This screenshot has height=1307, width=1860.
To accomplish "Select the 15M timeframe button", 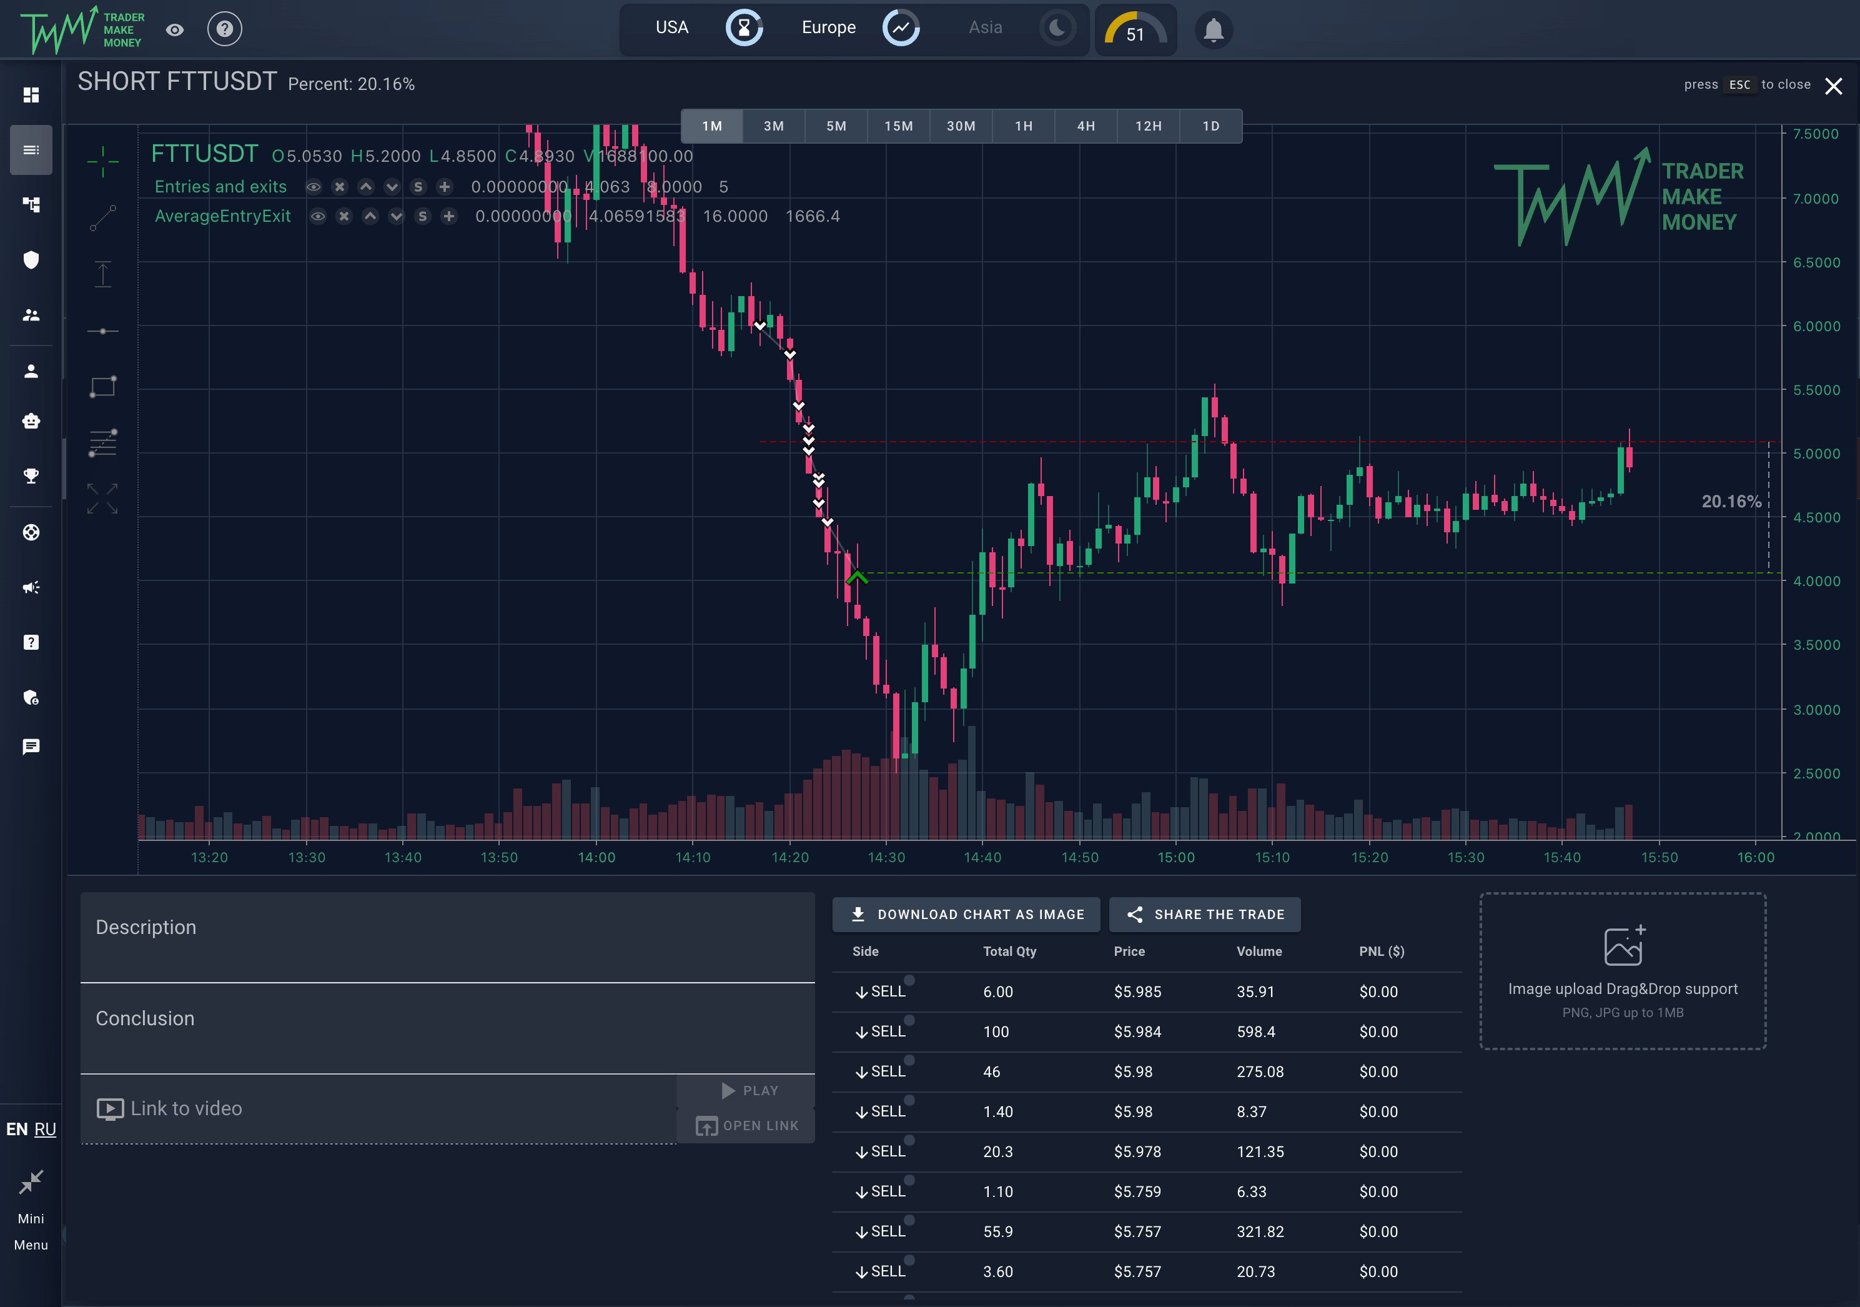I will point(898,126).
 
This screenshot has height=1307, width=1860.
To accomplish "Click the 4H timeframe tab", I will point(1086,126).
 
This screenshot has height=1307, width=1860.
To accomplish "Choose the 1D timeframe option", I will point(1210,126).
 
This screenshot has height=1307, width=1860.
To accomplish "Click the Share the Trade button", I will point(1205,914).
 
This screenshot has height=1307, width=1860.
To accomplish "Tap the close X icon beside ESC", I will point(1833,86).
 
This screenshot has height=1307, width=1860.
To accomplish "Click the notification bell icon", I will point(1213,31).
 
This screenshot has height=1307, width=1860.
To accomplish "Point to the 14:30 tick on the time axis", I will point(886,857).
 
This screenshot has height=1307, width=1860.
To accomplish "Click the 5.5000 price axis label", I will point(1816,390).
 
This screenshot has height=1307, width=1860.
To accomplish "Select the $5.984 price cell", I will point(1137,1031).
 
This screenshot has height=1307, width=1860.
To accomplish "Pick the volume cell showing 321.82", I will point(1260,1231).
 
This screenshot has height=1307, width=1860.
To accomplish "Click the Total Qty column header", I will point(1009,952).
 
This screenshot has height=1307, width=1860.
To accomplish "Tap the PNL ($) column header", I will point(1381,952).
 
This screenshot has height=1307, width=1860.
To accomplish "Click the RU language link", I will point(46,1130).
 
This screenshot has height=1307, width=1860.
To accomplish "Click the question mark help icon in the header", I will point(224,29).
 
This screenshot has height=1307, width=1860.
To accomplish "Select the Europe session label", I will point(828,27).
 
